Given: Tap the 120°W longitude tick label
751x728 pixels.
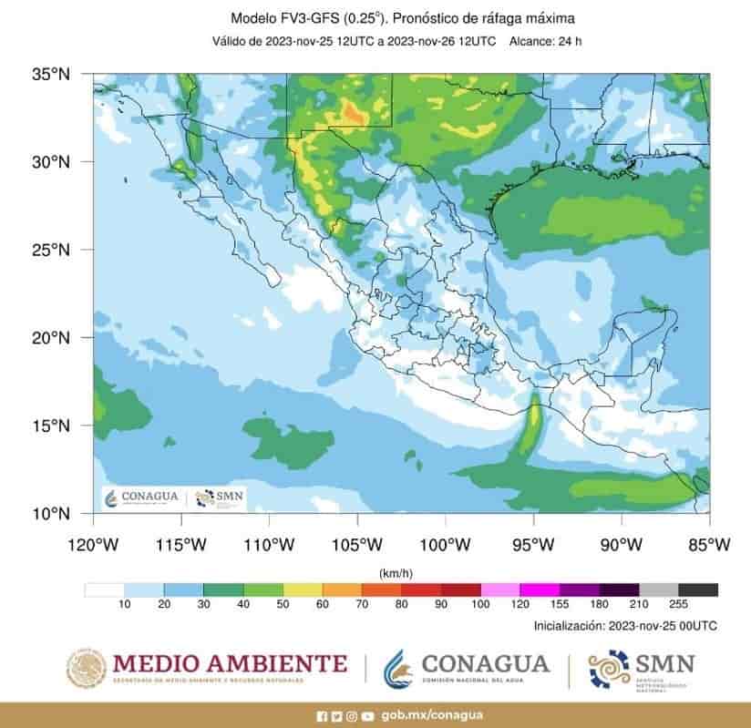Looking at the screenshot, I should point(93,545).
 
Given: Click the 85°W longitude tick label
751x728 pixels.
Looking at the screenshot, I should point(710,545).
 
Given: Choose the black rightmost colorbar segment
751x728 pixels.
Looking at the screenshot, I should point(698,590).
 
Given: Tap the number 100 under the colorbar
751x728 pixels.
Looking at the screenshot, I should point(480,605).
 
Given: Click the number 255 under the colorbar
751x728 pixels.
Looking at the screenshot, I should point(678,605).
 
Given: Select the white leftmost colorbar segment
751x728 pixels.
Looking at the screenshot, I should point(104,590).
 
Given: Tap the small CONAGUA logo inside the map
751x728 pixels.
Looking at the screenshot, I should point(141,497).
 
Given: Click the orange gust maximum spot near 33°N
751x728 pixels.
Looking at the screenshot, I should point(352,112).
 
